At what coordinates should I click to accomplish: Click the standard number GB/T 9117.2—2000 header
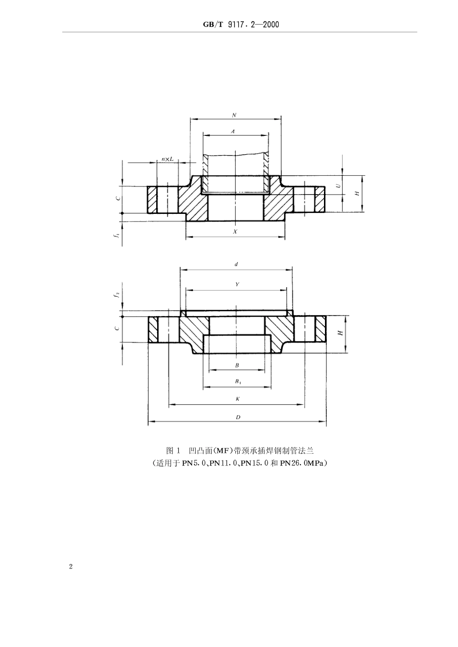click(x=239, y=24)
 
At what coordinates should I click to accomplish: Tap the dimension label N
click(x=234, y=116)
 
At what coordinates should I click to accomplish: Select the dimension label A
click(x=233, y=131)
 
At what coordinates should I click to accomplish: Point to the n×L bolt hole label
click(x=167, y=159)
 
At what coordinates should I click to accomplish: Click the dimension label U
click(x=338, y=185)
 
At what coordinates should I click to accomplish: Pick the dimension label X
click(x=235, y=232)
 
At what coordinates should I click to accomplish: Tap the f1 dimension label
click(x=117, y=236)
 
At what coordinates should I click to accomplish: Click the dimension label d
click(x=236, y=264)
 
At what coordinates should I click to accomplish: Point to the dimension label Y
click(x=237, y=285)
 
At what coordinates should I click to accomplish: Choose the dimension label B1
click(x=238, y=382)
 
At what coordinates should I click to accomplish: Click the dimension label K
click(x=237, y=399)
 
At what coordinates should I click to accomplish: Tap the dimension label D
click(x=238, y=417)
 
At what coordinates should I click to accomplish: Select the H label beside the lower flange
click(x=340, y=333)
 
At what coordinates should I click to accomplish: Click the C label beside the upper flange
click(x=117, y=198)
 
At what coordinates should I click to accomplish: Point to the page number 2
click(x=71, y=567)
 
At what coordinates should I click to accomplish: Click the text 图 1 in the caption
click(x=173, y=451)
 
